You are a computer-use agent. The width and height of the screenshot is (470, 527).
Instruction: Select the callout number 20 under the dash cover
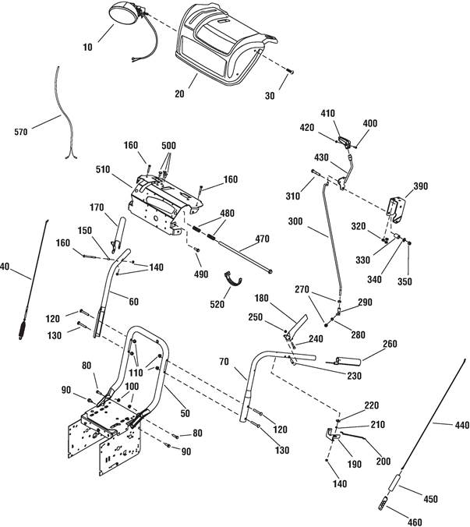pyautogui.click(x=179, y=94)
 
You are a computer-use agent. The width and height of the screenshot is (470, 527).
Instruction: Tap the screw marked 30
pyautogui.click(x=290, y=71)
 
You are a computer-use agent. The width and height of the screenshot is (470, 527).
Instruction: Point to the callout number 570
pyautogui.click(x=21, y=132)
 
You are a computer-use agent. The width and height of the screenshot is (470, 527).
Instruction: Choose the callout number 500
pyautogui.click(x=168, y=146)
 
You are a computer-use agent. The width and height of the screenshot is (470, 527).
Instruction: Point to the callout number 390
pyautogui.click(x=421, y=186)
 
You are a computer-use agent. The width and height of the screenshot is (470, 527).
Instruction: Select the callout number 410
pyautogui.click(x=327, y=113)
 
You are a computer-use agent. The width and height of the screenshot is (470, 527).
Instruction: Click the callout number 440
pyautogui.click(x=462, y=426)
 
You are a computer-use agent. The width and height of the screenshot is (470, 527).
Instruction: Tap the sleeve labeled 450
pyautogui.click(x=394, y=482)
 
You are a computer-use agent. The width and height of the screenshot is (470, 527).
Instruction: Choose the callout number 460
pyautogui.click(x=414, y=522)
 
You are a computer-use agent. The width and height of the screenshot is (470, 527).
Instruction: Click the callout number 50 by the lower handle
pyautogui.click(x=185, y=413)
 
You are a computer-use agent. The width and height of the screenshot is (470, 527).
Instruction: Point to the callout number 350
pyautogui.click(x=405, y=281)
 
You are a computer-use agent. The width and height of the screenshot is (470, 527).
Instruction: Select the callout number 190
pyautogui.click(x=355, y=464)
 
